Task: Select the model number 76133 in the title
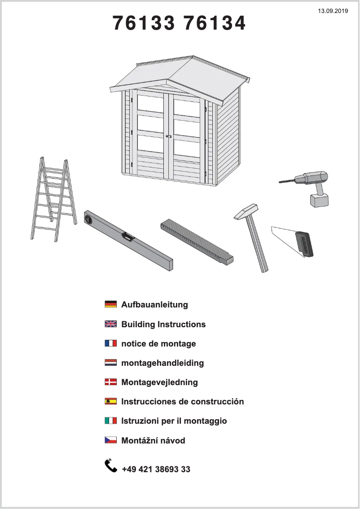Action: point(144,23)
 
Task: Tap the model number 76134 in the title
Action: point(215,23)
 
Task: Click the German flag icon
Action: point(110,304)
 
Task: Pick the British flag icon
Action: point(110,324)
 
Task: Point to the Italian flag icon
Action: point(110,421)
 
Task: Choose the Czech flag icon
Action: point(110,440)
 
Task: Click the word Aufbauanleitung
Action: point(154,305)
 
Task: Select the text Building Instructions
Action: point(163,324)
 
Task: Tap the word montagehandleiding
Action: point(162,363)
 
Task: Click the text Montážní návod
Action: point(153,441)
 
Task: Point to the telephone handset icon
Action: point(110,465)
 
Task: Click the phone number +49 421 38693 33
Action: point(156,470)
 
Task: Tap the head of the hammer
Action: point(246,211)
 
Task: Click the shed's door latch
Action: point(168,136)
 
